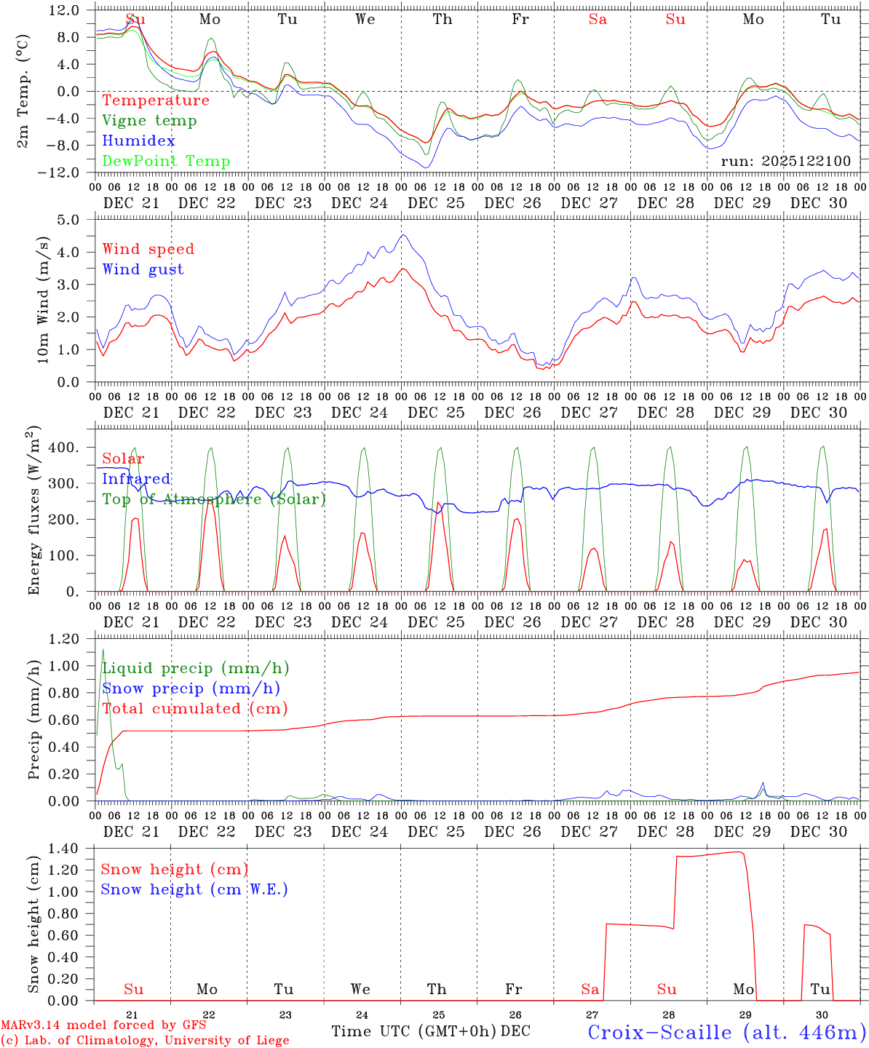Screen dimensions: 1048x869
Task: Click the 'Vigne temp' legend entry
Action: pos(149,121)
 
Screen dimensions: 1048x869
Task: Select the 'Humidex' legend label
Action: pos(138,141)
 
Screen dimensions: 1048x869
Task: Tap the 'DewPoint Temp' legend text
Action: pos(166,162)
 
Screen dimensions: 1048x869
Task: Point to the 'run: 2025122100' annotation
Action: pos(785,162)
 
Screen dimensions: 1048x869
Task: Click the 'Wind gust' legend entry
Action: pos(143,269)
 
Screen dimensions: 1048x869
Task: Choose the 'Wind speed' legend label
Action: pos(148,249)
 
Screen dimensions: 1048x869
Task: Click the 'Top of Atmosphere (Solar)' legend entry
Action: pos(214,499)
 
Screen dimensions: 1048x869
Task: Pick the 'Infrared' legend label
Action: pos(136,479)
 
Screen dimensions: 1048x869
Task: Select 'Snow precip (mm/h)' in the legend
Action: pos(191,688)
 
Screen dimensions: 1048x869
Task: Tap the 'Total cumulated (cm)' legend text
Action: pos(195,709)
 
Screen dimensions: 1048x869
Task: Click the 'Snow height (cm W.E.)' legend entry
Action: pos(194,889)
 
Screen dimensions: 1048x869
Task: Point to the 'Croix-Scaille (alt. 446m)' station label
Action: pos(726,1032)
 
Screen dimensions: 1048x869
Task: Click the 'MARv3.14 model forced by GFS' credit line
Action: pos(103,1025)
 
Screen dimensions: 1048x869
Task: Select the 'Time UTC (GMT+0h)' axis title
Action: pos(413,1031)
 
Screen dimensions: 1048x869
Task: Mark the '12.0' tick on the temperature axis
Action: pos(66,10)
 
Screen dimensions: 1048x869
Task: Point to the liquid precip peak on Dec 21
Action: pos(103,649)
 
